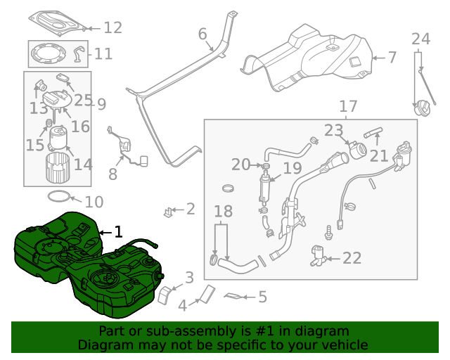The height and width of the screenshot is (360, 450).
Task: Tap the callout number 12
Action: pos(112,27)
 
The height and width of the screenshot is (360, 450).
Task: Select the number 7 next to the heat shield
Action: pos(392,58)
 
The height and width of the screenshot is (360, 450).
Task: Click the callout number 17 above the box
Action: pos(348,106)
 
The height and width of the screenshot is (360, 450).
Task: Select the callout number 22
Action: pos(352,258)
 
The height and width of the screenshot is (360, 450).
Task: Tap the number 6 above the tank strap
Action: pos(202,34)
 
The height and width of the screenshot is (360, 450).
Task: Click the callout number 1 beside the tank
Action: pos(118,231)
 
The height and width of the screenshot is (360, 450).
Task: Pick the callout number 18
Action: pos(222,212)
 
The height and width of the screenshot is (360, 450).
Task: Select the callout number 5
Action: pos(262,297)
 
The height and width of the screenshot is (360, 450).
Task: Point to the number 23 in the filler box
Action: pos(333,130)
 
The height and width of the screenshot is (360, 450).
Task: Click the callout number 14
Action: pos(83,165)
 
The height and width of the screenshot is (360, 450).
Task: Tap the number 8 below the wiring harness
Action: pos(112,174)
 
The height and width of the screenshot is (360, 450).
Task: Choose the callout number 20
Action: pos(240,165)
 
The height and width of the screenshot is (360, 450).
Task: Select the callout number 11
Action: pos(103,53)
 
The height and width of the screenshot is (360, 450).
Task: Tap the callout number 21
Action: pos(378,155)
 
